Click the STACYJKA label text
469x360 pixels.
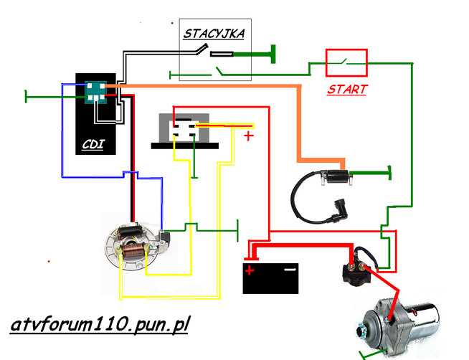click(214, 33)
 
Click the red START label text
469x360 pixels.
click(346, 90)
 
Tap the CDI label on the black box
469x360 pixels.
click(93, 144)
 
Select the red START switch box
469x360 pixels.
click(347, 62)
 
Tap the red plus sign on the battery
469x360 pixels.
click(250, 270)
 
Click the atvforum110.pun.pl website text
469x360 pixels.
click(100, 324)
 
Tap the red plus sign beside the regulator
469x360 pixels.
click(249, 135)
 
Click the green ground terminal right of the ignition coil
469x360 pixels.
click(389, 172)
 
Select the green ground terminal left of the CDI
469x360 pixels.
click(26, 95)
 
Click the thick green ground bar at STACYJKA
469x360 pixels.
click(273, 53)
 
